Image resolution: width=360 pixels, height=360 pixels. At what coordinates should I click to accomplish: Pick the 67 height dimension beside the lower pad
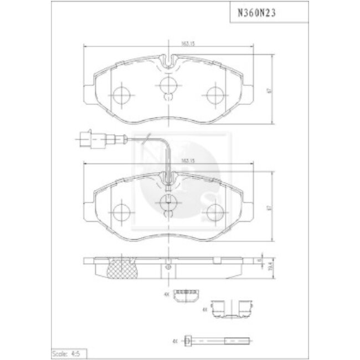[269, 208]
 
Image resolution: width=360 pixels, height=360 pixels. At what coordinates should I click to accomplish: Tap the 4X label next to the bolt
[175, 341]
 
